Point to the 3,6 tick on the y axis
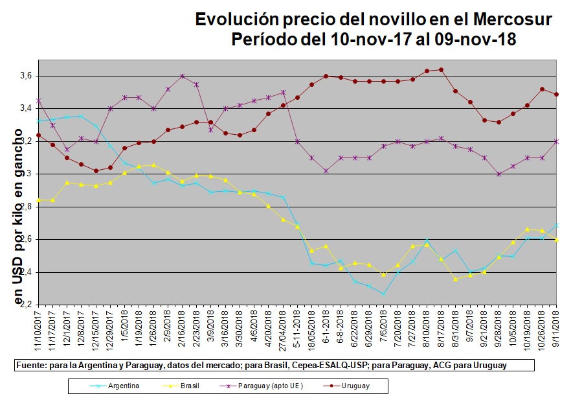point(26,76)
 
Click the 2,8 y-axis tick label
point(26,207)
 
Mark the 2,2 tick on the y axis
point(26,304)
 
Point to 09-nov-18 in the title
point(475,40)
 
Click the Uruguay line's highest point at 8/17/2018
point(441,69)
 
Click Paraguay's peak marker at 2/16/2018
point(182,76)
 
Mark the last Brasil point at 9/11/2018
point(557,240)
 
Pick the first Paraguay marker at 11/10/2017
point(39,100)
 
